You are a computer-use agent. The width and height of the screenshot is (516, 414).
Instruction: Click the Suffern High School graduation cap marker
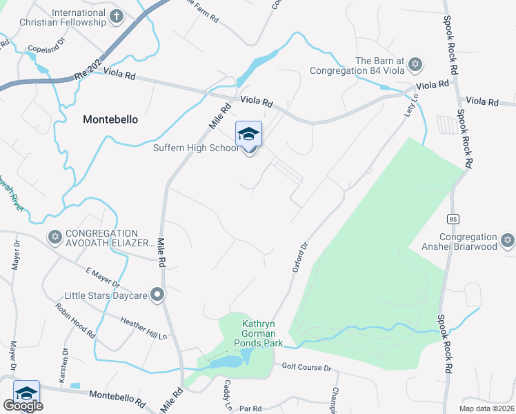click(248, 134)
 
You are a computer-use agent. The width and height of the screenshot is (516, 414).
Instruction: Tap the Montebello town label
click(110, 119)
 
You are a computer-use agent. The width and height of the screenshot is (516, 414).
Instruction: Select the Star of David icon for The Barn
click(414, 65)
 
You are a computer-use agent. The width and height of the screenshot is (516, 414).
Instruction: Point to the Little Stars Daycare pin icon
click(157, 295)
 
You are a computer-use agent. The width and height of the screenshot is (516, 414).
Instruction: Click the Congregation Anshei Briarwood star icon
click(508, 240)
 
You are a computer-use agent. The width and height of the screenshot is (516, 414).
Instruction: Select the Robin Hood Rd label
click(76, 322)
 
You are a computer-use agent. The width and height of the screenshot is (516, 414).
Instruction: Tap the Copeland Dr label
click(46, 49)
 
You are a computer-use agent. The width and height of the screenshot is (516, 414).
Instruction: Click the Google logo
click(23, 406)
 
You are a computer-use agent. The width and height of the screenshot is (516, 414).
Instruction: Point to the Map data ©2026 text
click(487, 408)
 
